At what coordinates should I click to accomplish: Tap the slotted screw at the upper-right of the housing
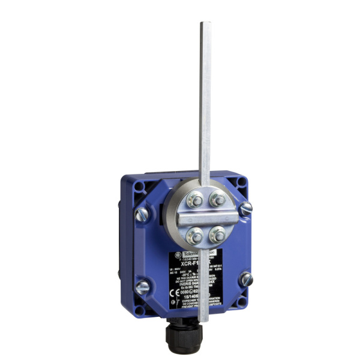click(245, 209)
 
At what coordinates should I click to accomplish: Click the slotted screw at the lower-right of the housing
click(245, 279)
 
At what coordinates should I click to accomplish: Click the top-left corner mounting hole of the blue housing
click(139, 187)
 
